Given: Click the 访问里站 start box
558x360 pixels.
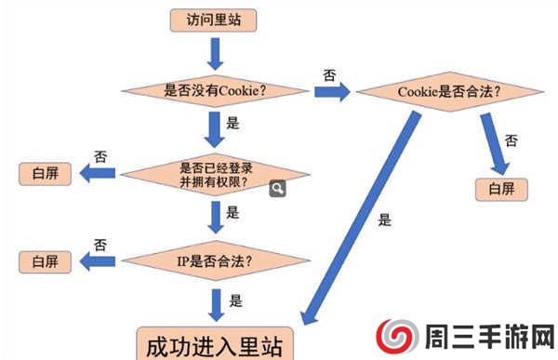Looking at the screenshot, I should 214,19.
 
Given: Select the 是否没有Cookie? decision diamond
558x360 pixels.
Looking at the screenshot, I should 216,91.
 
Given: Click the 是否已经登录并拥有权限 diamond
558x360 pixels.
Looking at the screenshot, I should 216,174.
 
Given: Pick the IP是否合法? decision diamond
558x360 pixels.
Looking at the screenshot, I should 216,260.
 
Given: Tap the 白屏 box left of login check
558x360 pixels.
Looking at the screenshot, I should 45,174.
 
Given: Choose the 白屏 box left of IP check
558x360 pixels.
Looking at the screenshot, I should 45,260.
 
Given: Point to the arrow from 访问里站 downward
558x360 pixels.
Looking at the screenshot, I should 216,53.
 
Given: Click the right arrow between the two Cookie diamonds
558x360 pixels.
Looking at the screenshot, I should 331,92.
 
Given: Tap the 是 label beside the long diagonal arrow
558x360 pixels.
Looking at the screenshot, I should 385,221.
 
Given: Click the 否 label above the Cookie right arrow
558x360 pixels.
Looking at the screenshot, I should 329,73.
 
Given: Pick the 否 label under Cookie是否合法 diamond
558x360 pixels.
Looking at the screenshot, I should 511,140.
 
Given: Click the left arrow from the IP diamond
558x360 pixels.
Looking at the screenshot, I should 99,261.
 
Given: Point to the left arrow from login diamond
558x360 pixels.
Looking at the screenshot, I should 98,174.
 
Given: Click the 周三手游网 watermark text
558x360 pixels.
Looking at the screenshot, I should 489,336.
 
